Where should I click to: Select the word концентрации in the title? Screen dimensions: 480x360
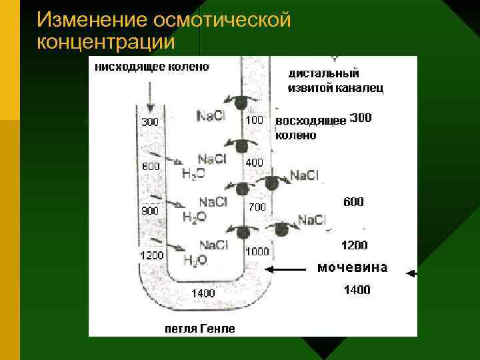pos(107,41)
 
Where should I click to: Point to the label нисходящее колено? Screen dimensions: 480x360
pos(152,66)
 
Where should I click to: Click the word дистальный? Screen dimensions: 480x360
pos(323,73)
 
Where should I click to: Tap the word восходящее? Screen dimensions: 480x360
pos(311,121)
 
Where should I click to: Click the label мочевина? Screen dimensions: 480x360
pos(352,268)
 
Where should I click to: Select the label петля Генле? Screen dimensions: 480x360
pos(200,329)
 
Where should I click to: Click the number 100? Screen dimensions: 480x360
pos(255,120)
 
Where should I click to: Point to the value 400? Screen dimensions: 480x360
pos(255,162)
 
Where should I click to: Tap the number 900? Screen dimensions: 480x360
pos(150,211)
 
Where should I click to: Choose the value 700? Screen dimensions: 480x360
pos(257,207)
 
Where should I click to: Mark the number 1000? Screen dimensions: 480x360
pos(257,251)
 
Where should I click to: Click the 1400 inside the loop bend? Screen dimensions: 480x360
pos(203,293)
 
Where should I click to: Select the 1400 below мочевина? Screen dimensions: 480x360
pos(357,290)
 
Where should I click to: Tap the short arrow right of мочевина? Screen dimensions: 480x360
pos(411,273)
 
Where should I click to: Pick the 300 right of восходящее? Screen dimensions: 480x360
pos(361,118)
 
